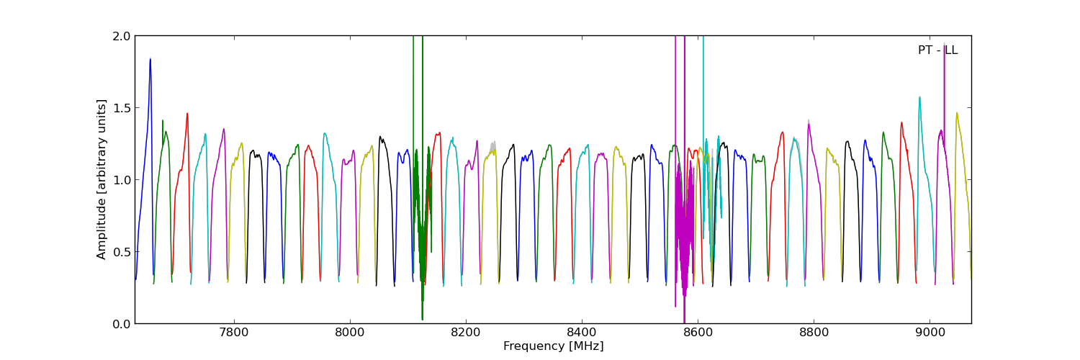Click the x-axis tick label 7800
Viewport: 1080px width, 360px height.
[x=233, y=333]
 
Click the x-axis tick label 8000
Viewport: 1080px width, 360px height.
[x=350, y=333]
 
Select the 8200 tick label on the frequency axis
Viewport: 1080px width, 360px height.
[x=466, y=333]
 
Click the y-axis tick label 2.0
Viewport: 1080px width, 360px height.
[x=122, y=36]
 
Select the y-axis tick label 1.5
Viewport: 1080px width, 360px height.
[x=122, y=108]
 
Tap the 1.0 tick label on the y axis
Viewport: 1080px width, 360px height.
[x=122, y=180]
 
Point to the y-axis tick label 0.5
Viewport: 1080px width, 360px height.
[x=122, y=252]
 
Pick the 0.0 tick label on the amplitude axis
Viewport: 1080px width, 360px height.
[x=122, y=324]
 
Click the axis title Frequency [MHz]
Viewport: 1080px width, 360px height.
[x=553, y=346]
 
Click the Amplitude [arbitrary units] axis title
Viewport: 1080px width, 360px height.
[x=102, y=179]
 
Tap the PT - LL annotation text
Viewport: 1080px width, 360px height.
[x=937, y=50]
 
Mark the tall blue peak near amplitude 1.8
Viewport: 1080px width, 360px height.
[x=150, y=60]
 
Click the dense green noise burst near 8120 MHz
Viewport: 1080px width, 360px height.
[x=420, y=216]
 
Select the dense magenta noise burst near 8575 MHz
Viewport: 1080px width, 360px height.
[x=683, y=230]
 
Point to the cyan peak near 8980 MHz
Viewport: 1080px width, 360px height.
[x=919, y=98]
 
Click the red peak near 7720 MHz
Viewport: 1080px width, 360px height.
[x=187, y=114]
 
